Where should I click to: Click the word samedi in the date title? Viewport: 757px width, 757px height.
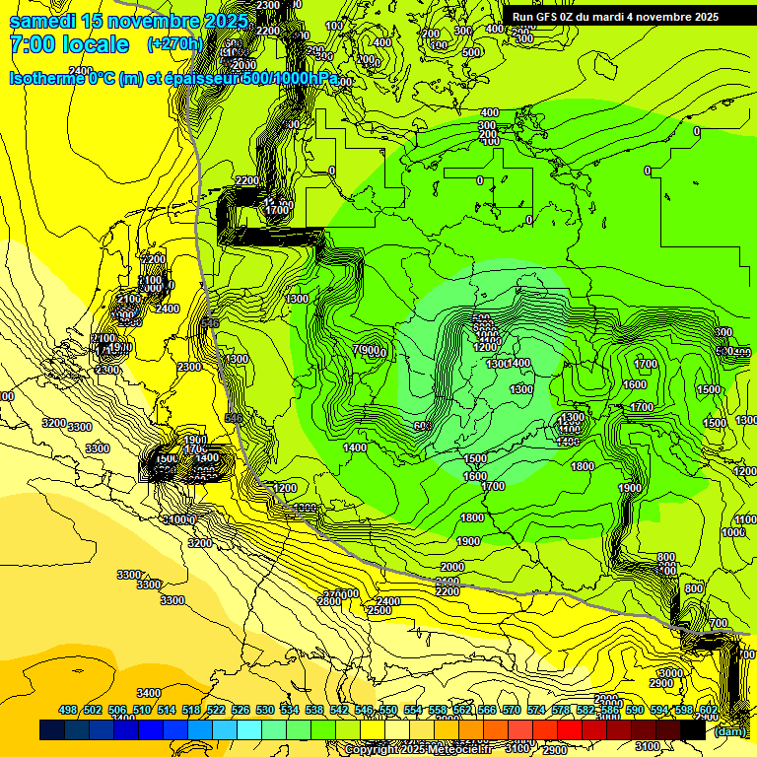[43, 22]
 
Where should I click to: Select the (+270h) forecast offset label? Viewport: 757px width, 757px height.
[174, 44]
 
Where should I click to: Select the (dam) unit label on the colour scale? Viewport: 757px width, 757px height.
[728, 731]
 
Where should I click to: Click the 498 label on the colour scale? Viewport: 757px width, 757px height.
[68, 710]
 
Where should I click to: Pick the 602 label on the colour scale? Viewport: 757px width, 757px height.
[708, 710]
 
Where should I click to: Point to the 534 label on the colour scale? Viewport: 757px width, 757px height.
[290, 710]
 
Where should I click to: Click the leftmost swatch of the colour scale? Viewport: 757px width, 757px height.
[52, 730]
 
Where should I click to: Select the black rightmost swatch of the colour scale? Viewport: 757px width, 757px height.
[693, 730]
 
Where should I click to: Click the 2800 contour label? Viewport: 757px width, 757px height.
[329, 601]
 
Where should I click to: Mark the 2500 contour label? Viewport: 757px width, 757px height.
[379, 611]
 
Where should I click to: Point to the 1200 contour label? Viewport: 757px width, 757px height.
[285, 488]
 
